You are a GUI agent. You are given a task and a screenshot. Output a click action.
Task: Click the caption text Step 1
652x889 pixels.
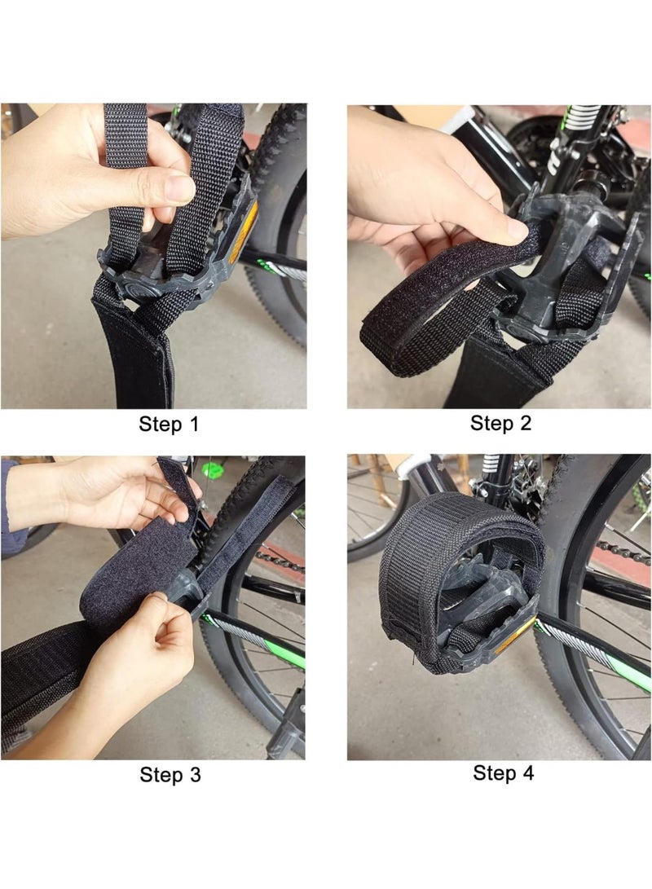(x=169, y=424)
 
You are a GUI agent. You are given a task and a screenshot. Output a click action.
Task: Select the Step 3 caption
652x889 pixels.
(x=170, y=774)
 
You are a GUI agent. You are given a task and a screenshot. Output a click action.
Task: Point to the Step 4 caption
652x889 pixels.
(x=503, y=772)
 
